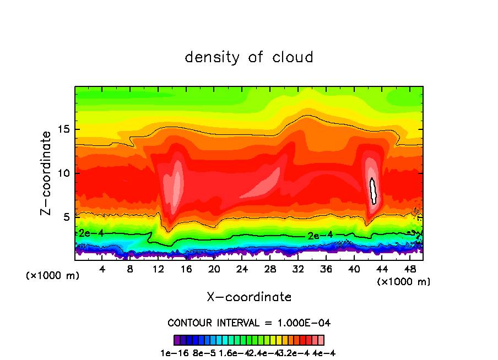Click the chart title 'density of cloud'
point(249,57)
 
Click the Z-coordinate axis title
point(46,173)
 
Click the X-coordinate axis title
point(249,297)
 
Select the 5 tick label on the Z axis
point(67,217)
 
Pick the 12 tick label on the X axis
point(158,269)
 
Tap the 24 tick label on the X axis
point(242,269)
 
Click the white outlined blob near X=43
point(373,191)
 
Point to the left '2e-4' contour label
point(91,233)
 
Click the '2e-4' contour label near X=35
point(320,235)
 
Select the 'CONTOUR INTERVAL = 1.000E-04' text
point(249,323)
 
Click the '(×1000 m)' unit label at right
point(404,282)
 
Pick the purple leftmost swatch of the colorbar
point(177,340)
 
